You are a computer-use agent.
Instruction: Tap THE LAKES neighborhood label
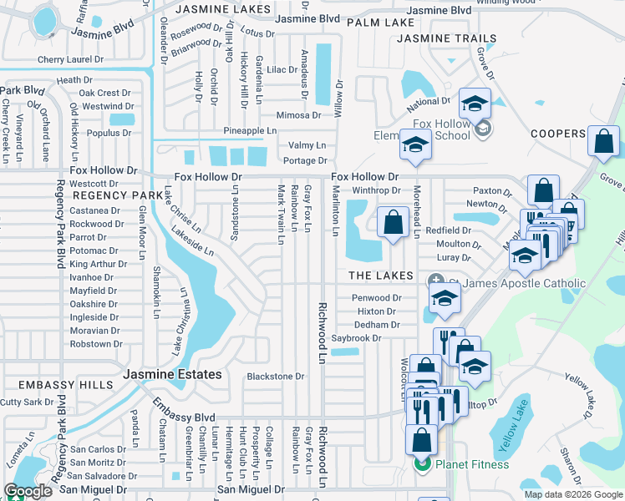coord(381,276)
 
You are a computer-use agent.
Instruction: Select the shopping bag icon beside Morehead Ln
coord(393,223)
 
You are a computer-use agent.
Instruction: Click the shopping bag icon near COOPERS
coord(603,142)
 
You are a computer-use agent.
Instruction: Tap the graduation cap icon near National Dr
coord(475,104)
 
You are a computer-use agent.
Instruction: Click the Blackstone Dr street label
coord(276,377)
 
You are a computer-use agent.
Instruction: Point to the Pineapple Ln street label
coord(249,131)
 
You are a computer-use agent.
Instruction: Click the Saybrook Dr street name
coord(356,338)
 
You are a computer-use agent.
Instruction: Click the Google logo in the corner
coord(28,491)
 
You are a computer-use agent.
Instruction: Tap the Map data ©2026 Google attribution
coord(572,494)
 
